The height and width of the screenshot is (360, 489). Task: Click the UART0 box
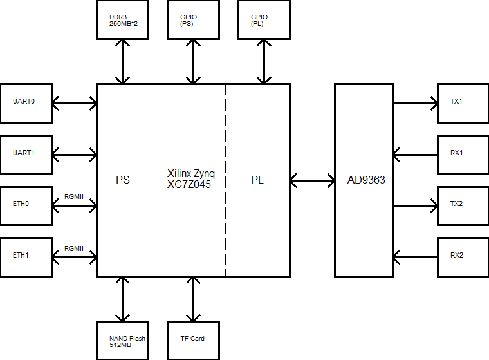pyautogui.click(x=26, y=103)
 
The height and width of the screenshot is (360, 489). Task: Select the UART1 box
pyautogui.click(x=26, y=155)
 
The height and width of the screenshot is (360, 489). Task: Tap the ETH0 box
pyautogui.click(x=26, y=205)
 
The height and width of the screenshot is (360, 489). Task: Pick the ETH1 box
pyautogui.click(x=26, y=257)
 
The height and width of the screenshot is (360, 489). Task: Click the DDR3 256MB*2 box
pyautogui.click(x=122, y=19)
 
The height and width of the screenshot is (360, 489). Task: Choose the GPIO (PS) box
pyautogui.click(x=193, y=19)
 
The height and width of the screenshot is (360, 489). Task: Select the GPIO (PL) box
pyautogui.click(x=264, y=19)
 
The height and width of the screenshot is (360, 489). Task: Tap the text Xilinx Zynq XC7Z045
pyautogui.click(x=191, y=178)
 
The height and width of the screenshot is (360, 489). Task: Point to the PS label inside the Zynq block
pyautogui.click(x=123, y=180)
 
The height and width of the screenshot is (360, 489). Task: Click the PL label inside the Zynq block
pyautogui.click(x=257, y=180)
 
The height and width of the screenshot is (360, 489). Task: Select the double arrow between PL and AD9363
pyautogui.click(x=312, y=180)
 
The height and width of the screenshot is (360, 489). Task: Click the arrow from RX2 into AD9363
pyautogui.click(x=415, y=257)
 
